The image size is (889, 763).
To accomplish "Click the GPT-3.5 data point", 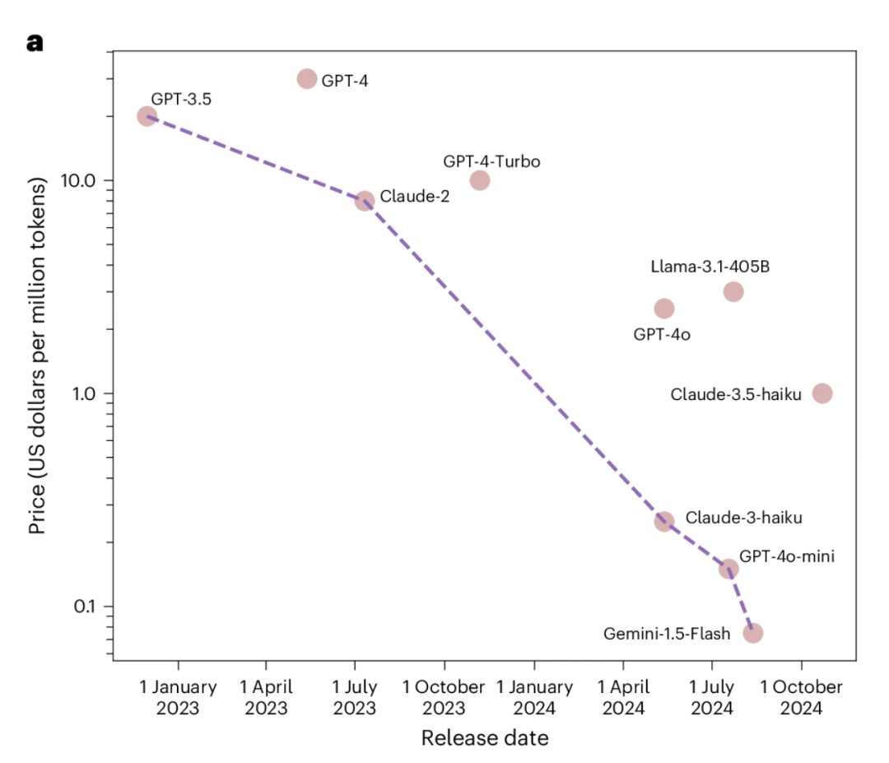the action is click(147, 116).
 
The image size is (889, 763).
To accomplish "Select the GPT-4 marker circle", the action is click(307, 79).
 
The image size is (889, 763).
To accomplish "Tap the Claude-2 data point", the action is click(365, 201).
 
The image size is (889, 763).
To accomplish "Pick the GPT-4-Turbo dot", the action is click(480, 180).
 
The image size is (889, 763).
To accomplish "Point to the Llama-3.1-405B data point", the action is click(733, 292).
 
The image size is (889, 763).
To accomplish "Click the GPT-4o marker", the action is click(664, 309).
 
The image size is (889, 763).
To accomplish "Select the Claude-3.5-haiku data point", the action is click(822, 393).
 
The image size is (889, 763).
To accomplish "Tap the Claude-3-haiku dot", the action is click(664, 522).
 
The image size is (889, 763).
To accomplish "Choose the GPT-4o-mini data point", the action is click(728, 569).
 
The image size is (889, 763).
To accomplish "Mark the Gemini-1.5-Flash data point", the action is click(753, 633).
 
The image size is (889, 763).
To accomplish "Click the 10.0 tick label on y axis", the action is click(77, 181).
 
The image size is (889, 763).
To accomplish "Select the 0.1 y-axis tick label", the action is click(85, 607).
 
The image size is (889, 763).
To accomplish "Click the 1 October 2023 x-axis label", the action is click(444, 697).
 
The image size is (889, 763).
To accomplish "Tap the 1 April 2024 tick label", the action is click(623, 697).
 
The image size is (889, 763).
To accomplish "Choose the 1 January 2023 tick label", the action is click(178, 697).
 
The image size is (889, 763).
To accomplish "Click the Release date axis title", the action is click(485, 738).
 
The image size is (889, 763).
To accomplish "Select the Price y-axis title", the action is click(37, 356).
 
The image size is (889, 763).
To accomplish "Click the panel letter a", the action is click(35, 43).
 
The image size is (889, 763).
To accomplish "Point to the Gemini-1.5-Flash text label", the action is click(667, 634).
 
